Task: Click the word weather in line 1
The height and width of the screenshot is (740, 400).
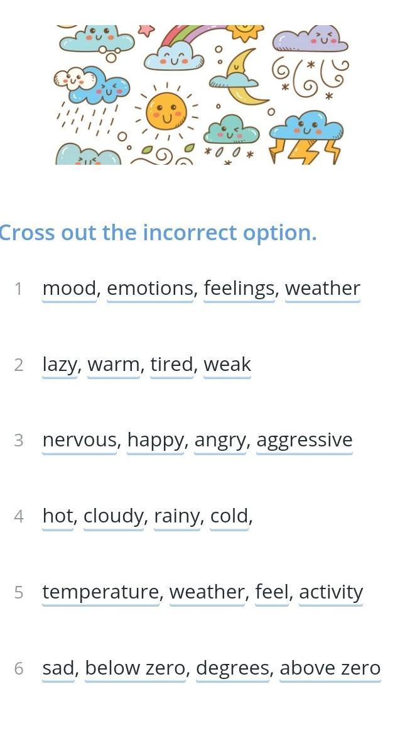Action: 322,289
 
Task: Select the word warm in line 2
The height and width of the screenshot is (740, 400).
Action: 113,364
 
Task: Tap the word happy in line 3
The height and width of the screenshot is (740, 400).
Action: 155,441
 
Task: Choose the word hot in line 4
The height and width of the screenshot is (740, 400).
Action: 58,516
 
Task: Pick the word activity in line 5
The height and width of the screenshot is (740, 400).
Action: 331,592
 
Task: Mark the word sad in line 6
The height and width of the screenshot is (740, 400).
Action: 58,668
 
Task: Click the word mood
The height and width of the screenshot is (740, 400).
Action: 69,289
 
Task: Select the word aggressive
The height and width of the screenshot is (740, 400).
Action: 305,441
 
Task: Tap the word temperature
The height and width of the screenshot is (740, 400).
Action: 101,592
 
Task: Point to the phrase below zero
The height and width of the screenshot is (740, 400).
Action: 136,668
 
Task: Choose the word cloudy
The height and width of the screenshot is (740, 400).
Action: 114,516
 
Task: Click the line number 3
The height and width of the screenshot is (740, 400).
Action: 19,440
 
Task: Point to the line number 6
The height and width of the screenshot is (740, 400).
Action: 19,668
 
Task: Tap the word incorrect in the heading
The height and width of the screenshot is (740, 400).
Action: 190,233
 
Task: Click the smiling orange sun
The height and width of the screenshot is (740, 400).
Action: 166,111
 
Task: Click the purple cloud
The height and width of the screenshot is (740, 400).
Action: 310,39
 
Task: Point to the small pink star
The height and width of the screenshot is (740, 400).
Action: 146,30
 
